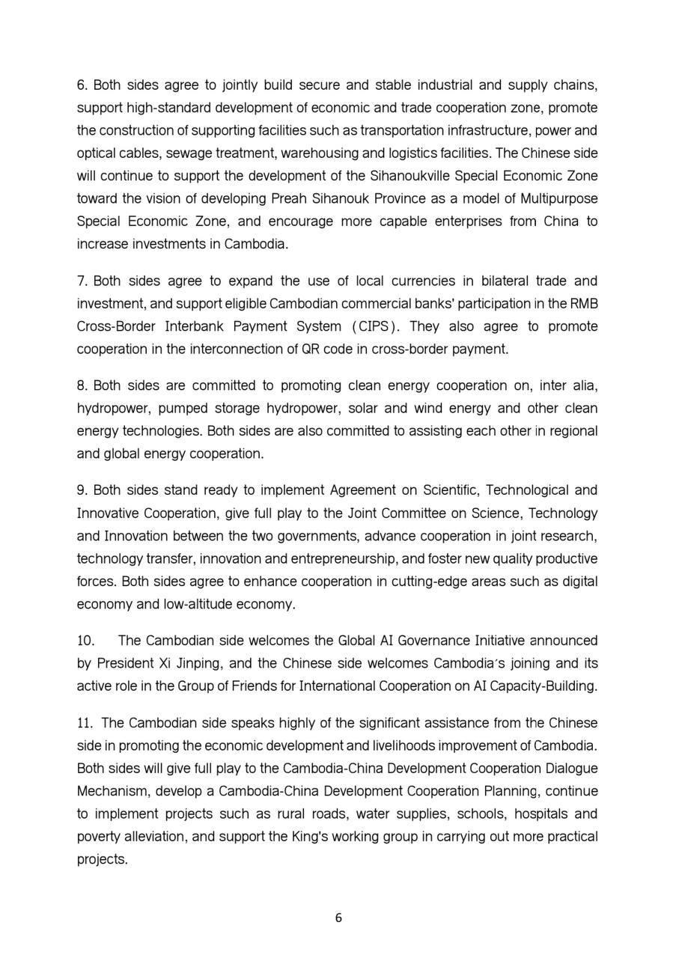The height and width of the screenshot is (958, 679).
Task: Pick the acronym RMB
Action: click(x=584, y=304)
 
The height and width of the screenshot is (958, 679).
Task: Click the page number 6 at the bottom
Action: click(x=339, y=918)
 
